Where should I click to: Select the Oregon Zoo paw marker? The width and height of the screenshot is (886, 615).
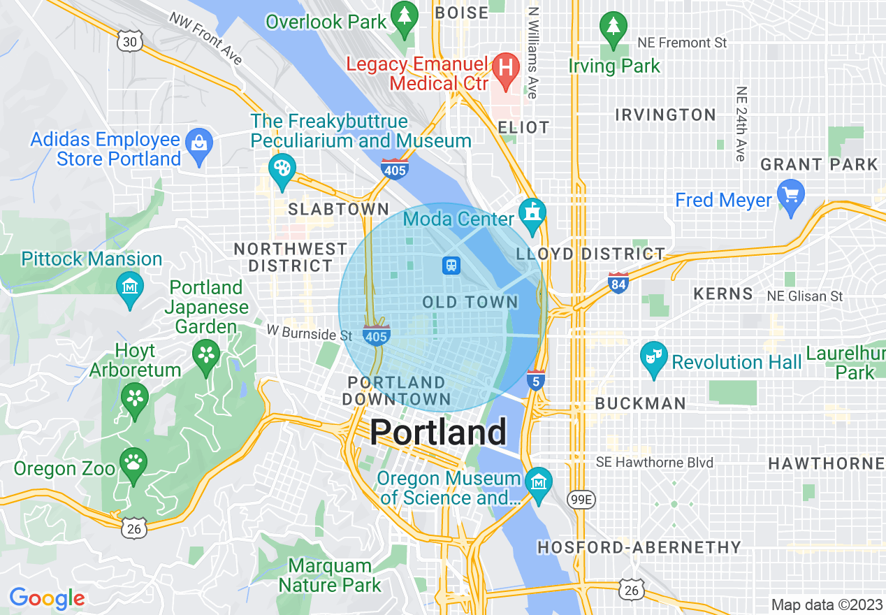133,463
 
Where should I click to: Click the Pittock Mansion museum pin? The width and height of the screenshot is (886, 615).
130,287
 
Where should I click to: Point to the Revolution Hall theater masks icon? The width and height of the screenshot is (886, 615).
653,356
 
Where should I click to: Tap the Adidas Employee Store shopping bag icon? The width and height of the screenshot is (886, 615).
200,144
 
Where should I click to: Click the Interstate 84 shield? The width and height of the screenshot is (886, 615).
618,282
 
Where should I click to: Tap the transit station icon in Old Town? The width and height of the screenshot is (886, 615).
451,265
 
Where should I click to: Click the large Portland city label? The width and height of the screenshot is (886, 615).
438,432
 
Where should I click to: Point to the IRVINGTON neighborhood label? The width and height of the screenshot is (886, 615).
665,115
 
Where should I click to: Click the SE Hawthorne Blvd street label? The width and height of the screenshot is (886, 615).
655,463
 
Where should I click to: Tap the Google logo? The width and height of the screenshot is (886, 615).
47,598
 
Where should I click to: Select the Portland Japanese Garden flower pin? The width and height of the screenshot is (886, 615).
207,354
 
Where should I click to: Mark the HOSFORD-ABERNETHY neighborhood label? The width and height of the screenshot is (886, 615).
639,547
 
